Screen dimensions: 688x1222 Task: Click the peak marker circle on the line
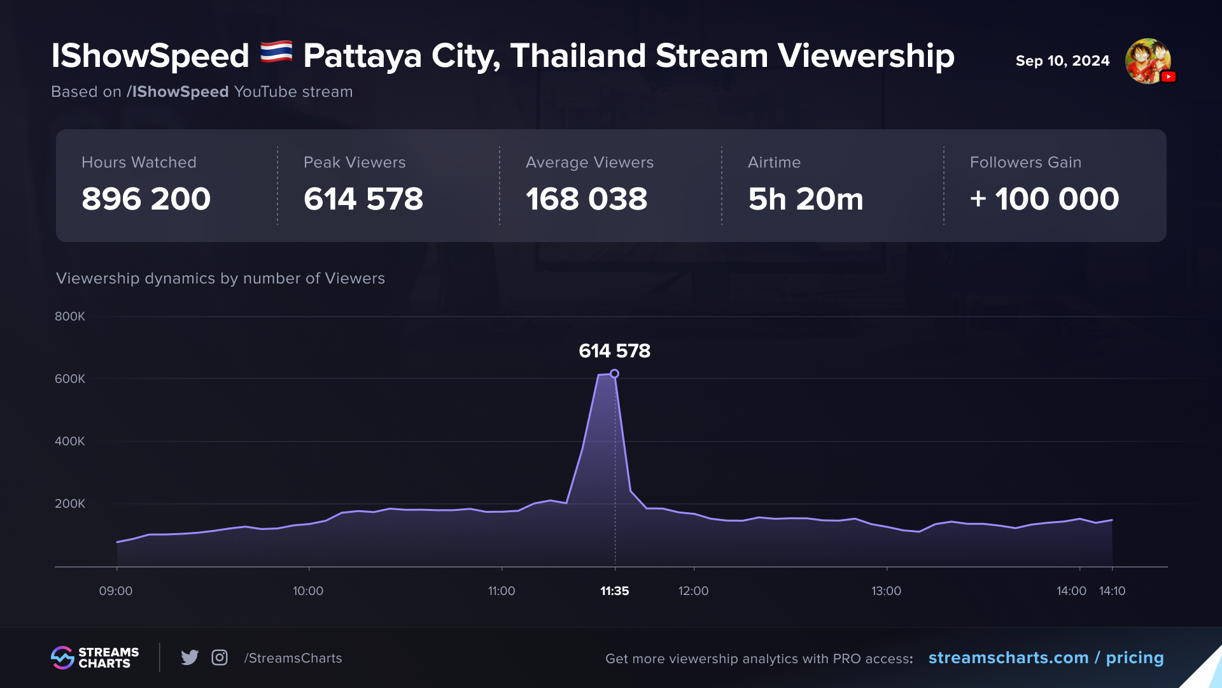coord(614,374)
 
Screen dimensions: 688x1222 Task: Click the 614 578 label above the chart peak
coord(614,351)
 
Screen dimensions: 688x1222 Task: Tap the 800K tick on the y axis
coord(70,317)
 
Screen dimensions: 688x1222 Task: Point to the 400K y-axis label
coord(70,441)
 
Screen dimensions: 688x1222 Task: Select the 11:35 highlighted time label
coord(614,591)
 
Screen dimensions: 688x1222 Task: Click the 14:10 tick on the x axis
coord(1112,591)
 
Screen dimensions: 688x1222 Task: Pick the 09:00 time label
coord(116,591)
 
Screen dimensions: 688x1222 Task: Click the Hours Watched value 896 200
coord(146,199)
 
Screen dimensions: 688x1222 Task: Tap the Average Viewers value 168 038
coord(586,199)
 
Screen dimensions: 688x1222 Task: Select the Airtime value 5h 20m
coord(805,199)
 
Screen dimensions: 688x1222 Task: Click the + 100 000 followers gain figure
coord(1044,199)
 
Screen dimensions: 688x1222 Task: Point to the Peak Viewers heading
coord(355,162)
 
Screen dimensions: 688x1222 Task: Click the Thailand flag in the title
coord(276,53)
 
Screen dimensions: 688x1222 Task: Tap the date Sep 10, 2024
coord(1062,61)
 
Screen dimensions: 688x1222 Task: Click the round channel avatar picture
coord(1148,61)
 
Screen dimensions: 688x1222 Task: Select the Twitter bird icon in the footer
coord(190,657)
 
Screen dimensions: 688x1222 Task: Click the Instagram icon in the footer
coord(220,657)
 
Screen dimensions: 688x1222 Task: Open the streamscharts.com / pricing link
coord(1046,657)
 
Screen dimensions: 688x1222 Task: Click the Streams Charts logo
coord(95,657)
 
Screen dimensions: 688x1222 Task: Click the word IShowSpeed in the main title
coord(150,56)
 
